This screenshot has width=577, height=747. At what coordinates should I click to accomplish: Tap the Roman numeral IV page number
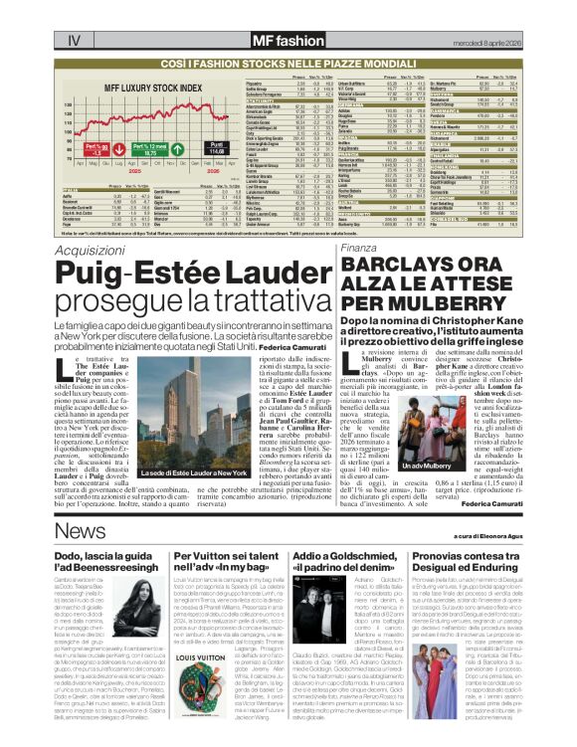pos(73,14)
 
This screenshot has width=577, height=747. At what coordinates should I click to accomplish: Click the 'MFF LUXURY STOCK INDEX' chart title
pos(134,86)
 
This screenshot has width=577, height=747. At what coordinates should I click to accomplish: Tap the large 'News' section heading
pos(80,530)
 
